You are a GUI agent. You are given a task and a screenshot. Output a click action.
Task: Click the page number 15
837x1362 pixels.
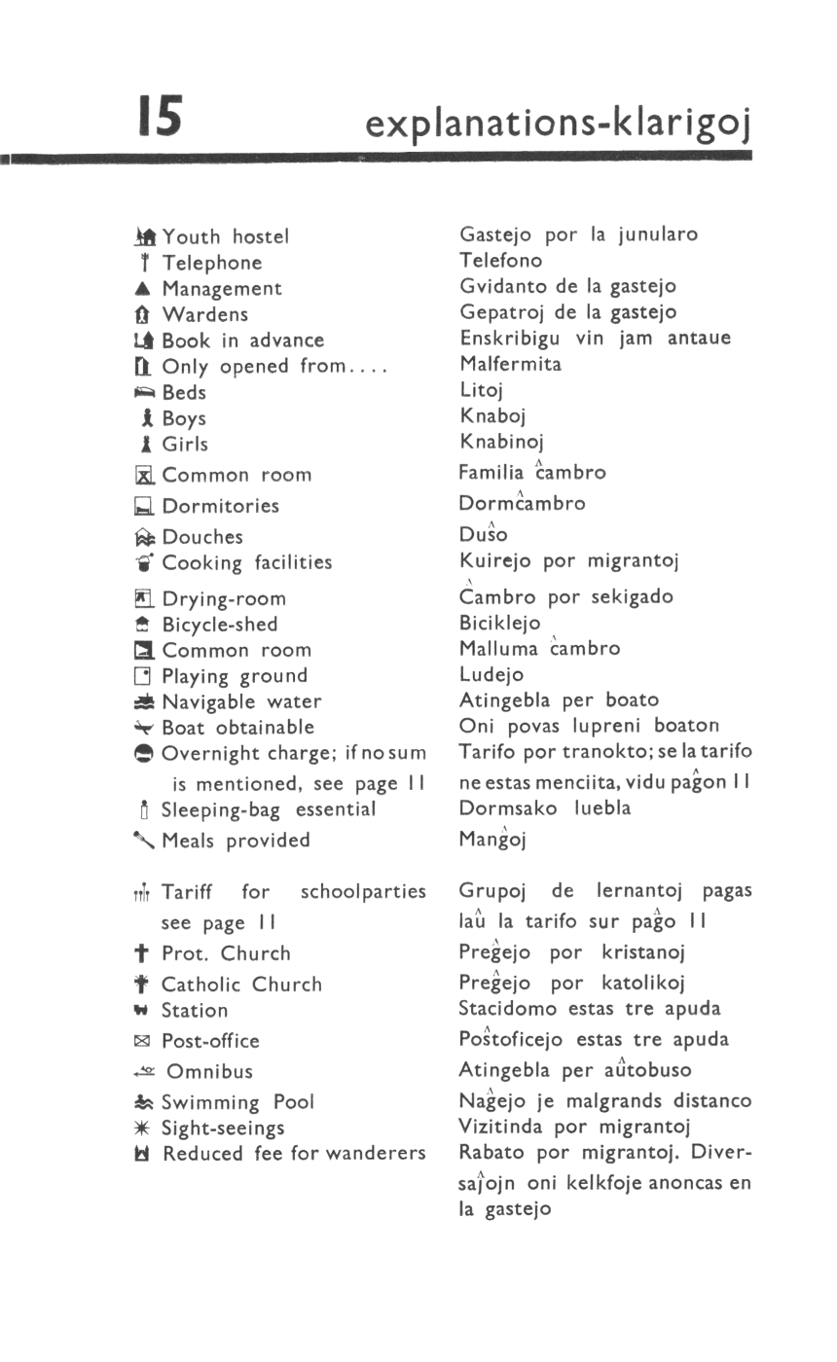pyautogui.click(x=160, y=116)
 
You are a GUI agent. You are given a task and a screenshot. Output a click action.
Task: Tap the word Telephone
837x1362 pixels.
pyautogui.click(x=212, y=263)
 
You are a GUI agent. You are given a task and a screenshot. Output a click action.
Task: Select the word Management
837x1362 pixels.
pyautogui.click(x=222, y=289)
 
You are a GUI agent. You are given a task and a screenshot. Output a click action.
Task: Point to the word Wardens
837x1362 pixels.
pyautogui.click(x=205, y=315)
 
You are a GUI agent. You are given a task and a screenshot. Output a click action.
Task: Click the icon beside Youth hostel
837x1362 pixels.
pyautogui.click(x=146, y=236)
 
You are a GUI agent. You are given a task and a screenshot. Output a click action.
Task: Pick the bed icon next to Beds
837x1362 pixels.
pyautogui.click(x=145, y=392)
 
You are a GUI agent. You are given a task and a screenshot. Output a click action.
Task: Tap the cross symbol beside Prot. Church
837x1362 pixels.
pyautogui.click(x=144, y=953)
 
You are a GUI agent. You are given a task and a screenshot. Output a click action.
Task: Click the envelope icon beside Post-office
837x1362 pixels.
pyautogui.click(x=143, y=1041)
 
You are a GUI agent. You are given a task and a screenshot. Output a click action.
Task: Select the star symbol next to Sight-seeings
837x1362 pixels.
pyautogui.click(x=144, y=1128)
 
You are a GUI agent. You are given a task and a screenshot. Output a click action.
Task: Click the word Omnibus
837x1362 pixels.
pyautogui.click(x=209, y=1072)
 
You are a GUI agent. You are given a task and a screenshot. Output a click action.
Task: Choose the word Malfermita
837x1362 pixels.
pyautogui.click(x=510, y=365)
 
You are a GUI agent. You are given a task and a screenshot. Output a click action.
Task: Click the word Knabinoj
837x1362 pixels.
pyautogui.click(x=501, y=444)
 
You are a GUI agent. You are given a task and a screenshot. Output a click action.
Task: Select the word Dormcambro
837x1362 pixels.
pyautogui.click(x=522, y=504)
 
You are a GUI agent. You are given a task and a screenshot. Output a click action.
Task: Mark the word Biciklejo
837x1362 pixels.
pyautogui.click(x=499, y=624)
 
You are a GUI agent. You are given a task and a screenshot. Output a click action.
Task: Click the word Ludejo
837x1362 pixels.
pyautogui.click(x=491, y=674)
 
